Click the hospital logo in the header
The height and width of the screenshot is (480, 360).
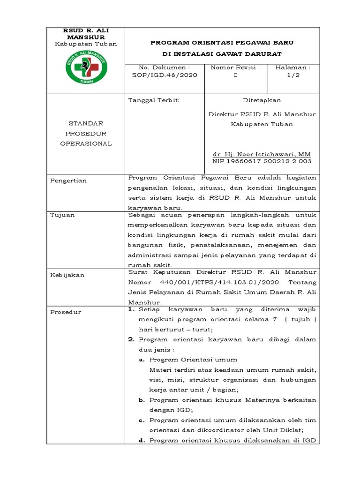point(86,68)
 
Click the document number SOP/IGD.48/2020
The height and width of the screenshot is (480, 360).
point(161,75)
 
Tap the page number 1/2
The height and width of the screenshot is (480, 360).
point(293,75)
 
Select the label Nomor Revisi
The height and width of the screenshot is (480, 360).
point(235,67)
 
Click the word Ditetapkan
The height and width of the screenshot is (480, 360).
point(262,100)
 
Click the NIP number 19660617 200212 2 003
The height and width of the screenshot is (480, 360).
point(262,161)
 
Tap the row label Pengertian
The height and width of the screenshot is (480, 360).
point(68,180)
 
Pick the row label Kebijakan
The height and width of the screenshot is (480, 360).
point(67,275)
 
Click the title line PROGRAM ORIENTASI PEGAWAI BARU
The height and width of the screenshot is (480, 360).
point(222,43)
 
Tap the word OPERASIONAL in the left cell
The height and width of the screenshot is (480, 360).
point(86,144)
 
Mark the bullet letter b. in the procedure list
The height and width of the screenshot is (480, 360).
point(141,400)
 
